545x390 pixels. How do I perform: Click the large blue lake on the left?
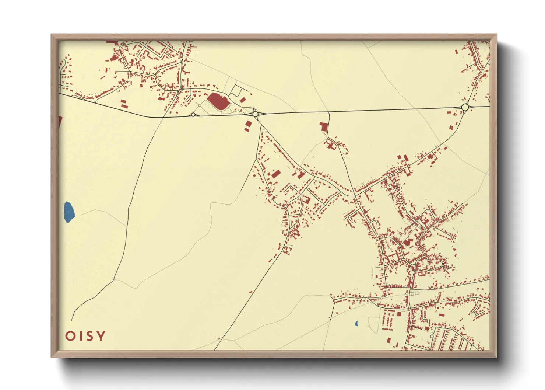[x=69, y=212]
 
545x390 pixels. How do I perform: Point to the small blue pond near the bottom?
[x=356, y=324]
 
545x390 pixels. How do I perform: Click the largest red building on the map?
[x=218, y=101]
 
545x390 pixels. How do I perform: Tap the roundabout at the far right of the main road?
[x=465, y=107]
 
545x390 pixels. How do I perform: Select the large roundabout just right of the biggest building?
[x=255, y=114]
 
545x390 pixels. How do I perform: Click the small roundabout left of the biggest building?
[x=193, y=115]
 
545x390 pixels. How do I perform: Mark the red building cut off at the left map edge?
[x=60, y=122]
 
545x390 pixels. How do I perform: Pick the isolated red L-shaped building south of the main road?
[x=323, y=127]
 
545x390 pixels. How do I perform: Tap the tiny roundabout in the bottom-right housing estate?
[x=432, y=337]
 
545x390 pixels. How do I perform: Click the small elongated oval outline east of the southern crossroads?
[x=415, y=293]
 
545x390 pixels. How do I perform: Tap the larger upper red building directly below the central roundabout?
[x=249, y=123]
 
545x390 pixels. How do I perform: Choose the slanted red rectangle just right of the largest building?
[x=243, y=100]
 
